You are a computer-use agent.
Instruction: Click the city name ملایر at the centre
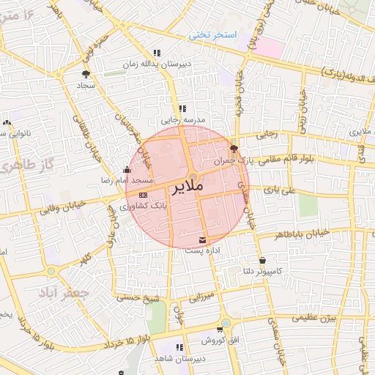pyautogui.click(x=187, y=187)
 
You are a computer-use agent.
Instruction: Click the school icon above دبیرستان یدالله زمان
pyautogui.click(x=157, y=53)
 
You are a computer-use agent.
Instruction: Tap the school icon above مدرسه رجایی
pyautogui.click(x=182, y=108)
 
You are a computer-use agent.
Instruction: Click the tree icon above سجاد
pyautogui.click(x=86, y=74)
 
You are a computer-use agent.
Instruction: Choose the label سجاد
pyautogui.click(x=86, y=86)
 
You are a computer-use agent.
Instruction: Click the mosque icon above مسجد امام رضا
pyautogui.click(x=127, y=170)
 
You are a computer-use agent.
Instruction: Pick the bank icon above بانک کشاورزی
pyautogui.click(x=143, y=196)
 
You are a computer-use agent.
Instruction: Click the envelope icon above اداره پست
pyautogui.click(x=203, y=240)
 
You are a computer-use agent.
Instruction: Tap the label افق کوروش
pyautogui.click(x=220, y=341)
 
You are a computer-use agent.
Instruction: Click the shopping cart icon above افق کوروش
pyautogui.click(x=220, y=330)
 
